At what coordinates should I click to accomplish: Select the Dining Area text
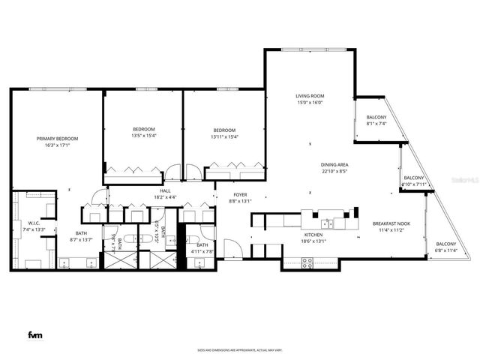pyautogui.click(x=334, y=164)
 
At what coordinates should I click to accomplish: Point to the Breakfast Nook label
pyautogui.click(x=391, y=224)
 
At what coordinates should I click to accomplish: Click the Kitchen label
pyautogui.click(x=313, y=235)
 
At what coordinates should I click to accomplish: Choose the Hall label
pyautogui.click(x=158, y=190)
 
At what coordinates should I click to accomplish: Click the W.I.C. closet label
pyautogui.click(x=34, y=223)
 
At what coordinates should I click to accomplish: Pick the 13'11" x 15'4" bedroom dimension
pyautogui.click(x=223, y=136)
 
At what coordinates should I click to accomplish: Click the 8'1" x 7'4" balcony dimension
pyautogui.click(x=376, y=124)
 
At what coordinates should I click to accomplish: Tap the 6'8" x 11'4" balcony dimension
pyautogui.click(x=446, y=250)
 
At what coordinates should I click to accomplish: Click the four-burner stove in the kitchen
pyautogui.click(x=307, y=262)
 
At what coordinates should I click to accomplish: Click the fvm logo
pyautogui.click(x=34, y=334)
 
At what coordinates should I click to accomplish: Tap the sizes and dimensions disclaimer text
pyautogui.click(x=239, y=349)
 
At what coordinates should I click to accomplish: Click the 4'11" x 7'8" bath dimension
pyautogui.click(x=202, y=251)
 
